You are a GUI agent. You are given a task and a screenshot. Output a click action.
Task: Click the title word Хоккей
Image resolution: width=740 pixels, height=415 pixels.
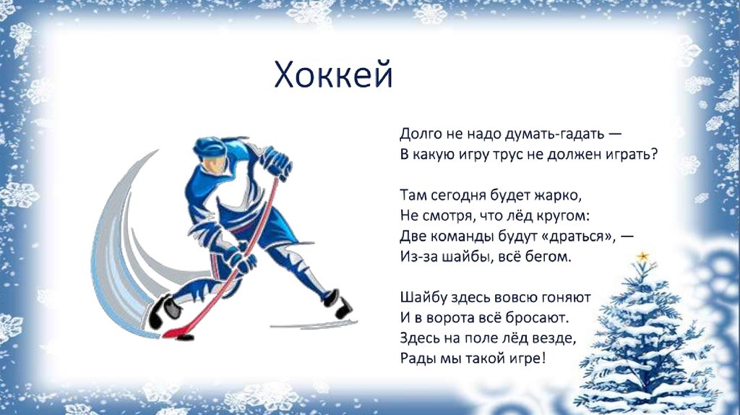pos(333,75)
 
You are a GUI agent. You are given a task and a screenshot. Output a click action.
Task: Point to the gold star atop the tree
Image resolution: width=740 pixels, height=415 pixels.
pos(642,257)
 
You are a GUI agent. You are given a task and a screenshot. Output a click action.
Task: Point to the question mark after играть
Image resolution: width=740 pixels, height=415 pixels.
pos(653,154)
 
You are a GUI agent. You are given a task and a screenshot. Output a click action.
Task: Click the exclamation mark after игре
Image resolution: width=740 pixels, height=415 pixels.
pos(543,358)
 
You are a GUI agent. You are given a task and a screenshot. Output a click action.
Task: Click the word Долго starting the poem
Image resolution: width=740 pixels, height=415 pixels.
pos(421,134)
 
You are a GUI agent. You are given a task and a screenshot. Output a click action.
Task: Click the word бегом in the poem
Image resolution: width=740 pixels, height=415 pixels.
pos(548,257)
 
